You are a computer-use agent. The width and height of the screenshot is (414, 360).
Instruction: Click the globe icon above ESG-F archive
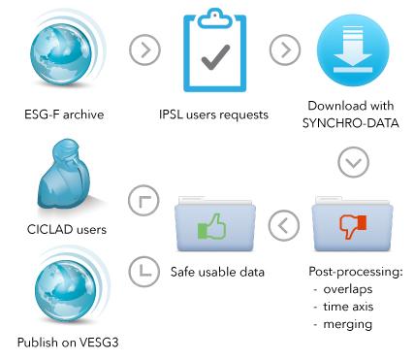coord(61,55)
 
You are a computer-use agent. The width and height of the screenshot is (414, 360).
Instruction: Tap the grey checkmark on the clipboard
coord(215,57)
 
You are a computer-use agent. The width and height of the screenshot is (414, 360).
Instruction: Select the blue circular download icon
coord(353,50)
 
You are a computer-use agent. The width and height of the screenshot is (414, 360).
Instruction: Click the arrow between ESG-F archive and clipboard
coord(144,49)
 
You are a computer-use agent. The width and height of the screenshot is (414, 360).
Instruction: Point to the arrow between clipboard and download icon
coord(285,49)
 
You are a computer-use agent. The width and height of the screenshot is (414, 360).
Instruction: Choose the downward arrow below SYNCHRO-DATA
coord(353,162)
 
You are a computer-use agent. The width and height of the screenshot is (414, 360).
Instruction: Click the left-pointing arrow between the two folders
coord(284,225)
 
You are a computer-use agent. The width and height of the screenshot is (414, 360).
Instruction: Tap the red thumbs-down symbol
coord(352,226)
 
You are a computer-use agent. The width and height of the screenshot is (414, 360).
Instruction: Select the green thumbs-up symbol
coord(212,226)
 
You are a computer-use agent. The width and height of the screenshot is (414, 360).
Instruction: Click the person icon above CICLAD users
coord(64,175)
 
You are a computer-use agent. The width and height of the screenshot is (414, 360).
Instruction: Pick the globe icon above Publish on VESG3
coord(66,289)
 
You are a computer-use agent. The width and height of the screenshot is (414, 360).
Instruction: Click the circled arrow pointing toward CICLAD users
coord(143,201)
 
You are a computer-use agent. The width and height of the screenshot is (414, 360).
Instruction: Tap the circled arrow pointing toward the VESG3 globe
coord(143,271)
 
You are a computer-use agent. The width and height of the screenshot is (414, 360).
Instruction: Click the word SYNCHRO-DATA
coord(351,123)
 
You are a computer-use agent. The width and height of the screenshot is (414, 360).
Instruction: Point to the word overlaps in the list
coord(348,289)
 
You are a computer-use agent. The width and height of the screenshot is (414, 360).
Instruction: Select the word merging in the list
coord(348,324)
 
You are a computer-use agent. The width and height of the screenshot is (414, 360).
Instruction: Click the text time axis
coord(348,307)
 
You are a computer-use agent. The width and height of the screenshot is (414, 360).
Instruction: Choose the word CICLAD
coord(48,229)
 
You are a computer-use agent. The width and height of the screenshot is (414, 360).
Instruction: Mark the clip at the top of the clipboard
coord(215,18)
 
